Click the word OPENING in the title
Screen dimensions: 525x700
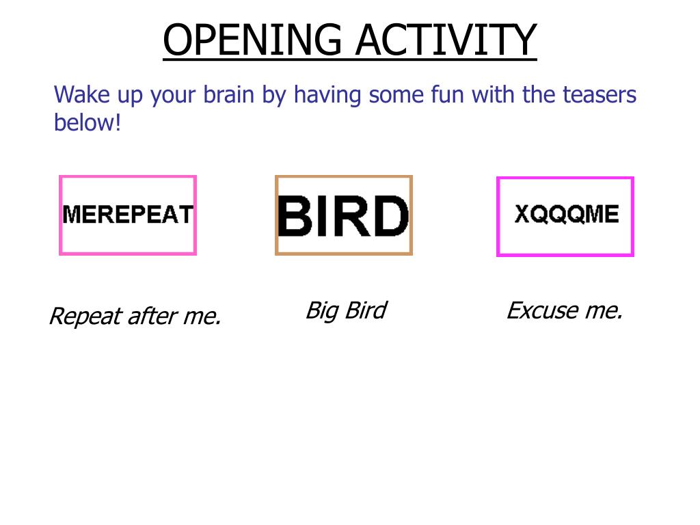tap(252, 40)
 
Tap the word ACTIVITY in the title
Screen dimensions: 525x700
tap(446, 40)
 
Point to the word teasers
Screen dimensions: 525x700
tap(600, 94)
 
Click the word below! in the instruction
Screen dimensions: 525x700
tap(87, 123)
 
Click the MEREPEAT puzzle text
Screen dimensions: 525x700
tap(128, 215)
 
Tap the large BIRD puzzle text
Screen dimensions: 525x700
tap(343, 216)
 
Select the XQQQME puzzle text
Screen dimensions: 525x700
tap(566, 215)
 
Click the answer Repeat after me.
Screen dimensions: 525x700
tap(135, 317)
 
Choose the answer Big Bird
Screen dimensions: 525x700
tap(345, 310)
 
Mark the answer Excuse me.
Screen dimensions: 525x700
tap(564, 311)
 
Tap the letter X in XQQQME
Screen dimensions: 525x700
tap(523, 215)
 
